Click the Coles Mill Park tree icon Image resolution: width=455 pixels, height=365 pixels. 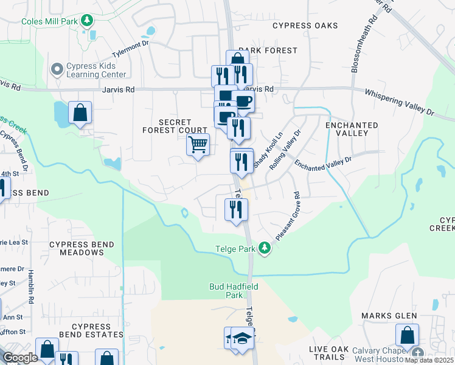[88, 21]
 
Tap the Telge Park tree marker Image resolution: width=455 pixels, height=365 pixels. [264, 248]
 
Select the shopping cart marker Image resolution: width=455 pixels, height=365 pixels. [198, 145]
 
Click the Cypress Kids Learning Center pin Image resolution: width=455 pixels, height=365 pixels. [58, 69]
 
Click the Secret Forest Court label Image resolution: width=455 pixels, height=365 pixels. [175, 126]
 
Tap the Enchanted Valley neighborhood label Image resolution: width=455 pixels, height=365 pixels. [352, 128]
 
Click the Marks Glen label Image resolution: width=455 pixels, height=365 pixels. [389, 316]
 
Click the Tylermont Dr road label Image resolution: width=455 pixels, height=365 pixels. [128, 45]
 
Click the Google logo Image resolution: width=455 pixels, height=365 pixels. [20, 358]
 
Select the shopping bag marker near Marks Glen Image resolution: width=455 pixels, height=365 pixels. [407, 335]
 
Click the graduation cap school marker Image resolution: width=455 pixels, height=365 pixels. [242, 338]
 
